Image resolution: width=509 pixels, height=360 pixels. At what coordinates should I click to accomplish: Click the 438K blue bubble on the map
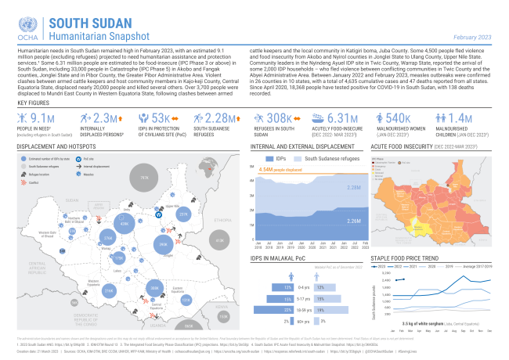click(x=125, y=224)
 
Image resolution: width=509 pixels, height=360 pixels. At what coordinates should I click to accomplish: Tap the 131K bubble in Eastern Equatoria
click(x=186, y=299)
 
